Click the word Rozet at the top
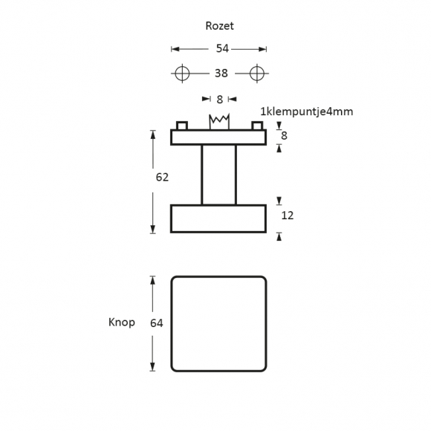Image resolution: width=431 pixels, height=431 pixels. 219,26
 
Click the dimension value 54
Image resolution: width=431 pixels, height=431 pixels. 222,48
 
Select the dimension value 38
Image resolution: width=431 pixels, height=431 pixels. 221,73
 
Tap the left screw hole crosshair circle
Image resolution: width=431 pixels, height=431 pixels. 182,74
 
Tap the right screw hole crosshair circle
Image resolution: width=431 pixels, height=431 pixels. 257,74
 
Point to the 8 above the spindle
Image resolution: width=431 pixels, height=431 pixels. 219,100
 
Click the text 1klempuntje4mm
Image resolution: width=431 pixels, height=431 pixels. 306,111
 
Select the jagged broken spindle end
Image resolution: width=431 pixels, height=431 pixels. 219,121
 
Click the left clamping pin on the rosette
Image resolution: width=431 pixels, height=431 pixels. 182,126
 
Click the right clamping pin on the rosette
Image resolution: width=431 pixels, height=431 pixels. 257,126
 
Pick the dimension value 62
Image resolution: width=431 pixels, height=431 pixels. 162,178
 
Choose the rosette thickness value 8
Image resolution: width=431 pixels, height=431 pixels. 284,135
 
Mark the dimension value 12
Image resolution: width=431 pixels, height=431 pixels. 288,215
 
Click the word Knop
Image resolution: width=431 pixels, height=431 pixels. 121,323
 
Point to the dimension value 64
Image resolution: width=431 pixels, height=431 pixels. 156,323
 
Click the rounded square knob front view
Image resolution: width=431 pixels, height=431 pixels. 171,324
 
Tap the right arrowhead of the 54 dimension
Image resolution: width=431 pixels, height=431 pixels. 262,49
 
